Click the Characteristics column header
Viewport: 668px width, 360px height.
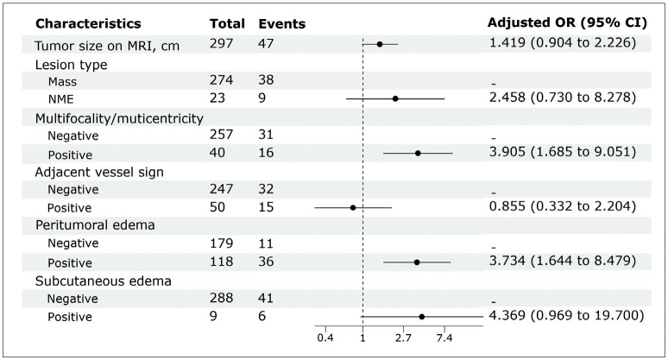coord(88,23)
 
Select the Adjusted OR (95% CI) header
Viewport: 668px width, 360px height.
coord(567,22)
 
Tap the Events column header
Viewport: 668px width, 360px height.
coord(281,23)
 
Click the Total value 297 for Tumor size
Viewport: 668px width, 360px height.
coord(221,43)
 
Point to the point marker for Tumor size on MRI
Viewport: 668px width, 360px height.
coord(380,44)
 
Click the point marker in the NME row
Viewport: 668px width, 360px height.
coord(395,98)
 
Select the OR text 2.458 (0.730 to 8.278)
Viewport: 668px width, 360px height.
coord(563,98)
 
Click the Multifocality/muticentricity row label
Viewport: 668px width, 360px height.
coord(119,118)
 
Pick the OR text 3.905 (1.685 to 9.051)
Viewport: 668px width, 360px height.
coord(563,152)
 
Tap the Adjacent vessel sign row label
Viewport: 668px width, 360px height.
coord(99,172)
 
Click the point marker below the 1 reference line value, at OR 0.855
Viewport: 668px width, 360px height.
coord(353,208)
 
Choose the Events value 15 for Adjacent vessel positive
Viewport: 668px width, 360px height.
coord(266,207)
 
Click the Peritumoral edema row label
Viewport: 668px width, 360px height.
coord(95,225)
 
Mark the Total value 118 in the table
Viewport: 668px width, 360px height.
coord(221,262)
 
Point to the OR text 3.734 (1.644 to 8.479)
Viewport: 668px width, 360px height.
coord(563,261)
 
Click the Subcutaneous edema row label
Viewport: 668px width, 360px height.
coord(103,281)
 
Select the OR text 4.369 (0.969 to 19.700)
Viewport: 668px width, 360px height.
coord(567,315)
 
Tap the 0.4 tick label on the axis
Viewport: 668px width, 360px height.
coord(325,338)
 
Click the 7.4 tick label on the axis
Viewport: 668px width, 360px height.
coord(444,338)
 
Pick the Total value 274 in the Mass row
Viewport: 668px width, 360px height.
coord(221,79)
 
